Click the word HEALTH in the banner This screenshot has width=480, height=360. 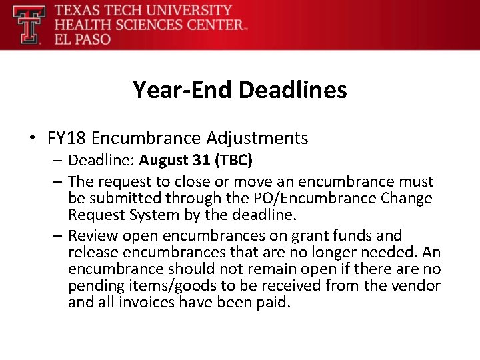tap(79, 25)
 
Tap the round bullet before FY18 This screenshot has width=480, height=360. tap(32, 138)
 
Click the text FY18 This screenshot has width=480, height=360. tap(67, 138)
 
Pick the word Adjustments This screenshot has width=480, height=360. tap(257, 138)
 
